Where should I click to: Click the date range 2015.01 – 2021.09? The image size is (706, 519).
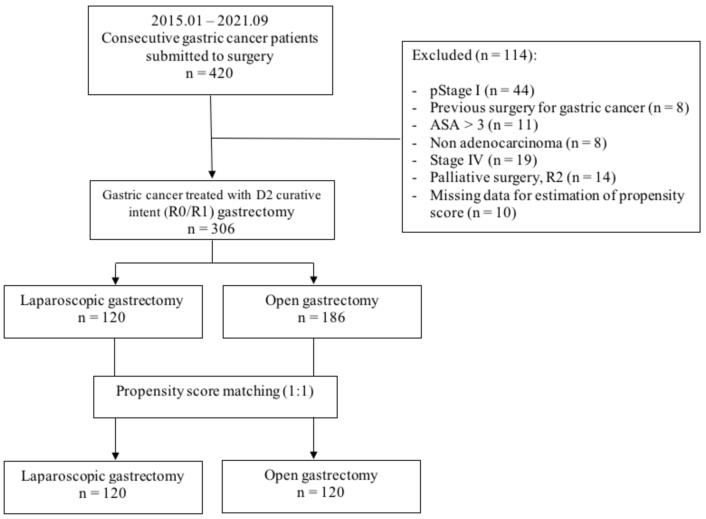(x=210, y=21)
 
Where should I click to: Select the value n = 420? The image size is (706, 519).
(x=210, y=73)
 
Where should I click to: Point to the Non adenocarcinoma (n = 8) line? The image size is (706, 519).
(x=518, y=143)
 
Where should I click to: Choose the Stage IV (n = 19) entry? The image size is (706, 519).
(x=483, y=160)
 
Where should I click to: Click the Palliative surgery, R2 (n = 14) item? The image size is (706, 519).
(x=523, y=178)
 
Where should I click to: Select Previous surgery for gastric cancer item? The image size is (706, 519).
(x=559, y=108)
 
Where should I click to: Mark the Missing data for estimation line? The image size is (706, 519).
(x=557, y=195)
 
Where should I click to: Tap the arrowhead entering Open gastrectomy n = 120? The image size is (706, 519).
(x=314, y=455)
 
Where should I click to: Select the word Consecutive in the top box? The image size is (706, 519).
(x=140, y=38)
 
